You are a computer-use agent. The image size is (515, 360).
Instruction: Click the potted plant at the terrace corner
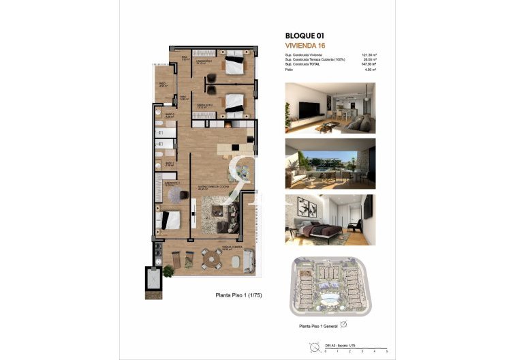tap(168, 270)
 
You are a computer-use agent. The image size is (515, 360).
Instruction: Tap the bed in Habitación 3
tap(234, 64)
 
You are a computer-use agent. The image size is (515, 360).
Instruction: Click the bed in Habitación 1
tap(168, 220)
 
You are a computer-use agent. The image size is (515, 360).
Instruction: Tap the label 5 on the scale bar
tap(386, 352)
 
